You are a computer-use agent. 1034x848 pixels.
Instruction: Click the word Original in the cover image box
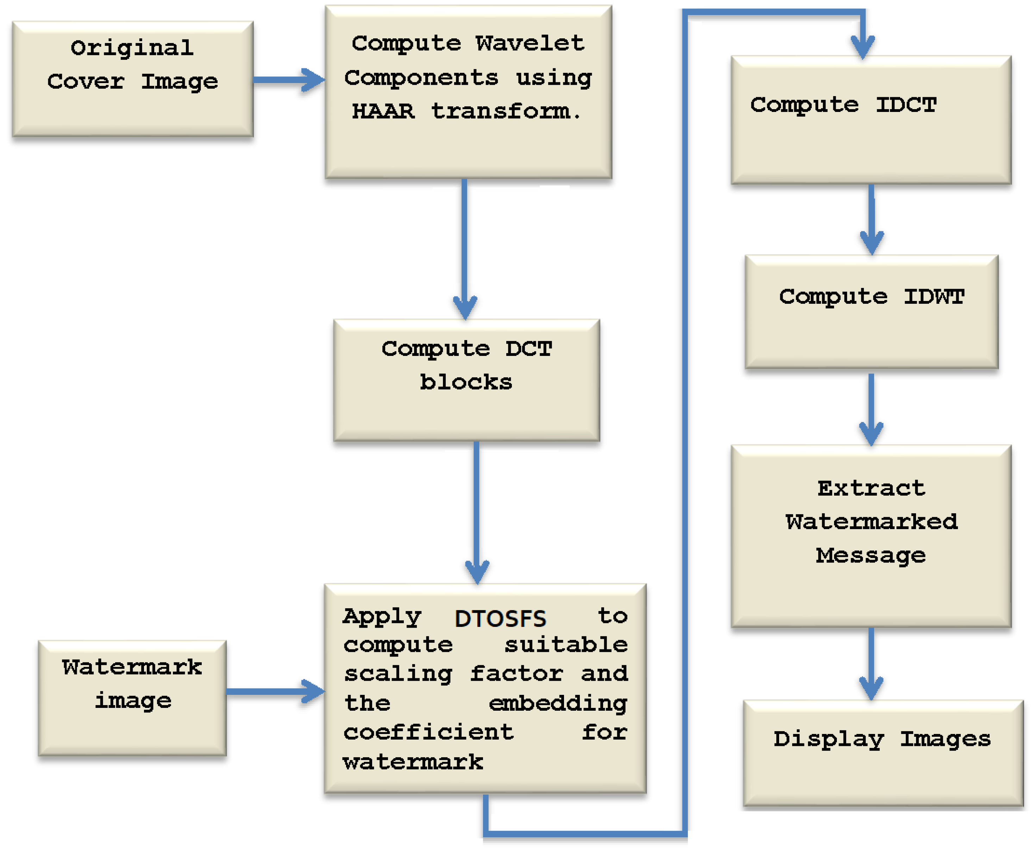[x=132, y=48]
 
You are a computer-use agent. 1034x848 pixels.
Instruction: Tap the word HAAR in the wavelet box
[x=383, y=111]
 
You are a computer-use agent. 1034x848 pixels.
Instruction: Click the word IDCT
[x=906, y=105]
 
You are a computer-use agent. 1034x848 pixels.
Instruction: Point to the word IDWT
[x=934, y=296]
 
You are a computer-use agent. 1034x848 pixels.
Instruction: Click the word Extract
[x=871, y=488]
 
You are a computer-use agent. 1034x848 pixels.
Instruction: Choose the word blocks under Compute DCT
[x=466, y=382]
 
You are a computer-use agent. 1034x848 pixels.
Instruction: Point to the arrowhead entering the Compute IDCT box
[x=863, y=48]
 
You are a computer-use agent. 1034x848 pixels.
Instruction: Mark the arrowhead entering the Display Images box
[x=871, y=689]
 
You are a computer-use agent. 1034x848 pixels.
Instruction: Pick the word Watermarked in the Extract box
[x=871, y=522]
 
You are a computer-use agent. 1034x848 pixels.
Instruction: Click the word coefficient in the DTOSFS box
[x=428, y=732]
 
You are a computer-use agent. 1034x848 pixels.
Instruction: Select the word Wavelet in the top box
[x=530, y=43]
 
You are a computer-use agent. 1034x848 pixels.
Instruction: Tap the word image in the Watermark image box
[x=133, y=701]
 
